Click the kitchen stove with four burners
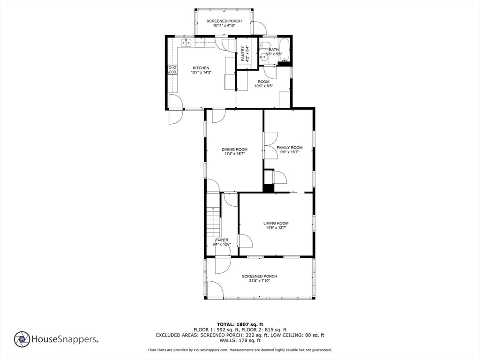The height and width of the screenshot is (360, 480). pyautogui.click(x=172, y=70)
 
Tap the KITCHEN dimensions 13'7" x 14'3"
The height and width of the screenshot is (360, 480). pyautogui.click(x=201, y=73)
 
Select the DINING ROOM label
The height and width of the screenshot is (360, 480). pyautogui.click(x=234, y=150)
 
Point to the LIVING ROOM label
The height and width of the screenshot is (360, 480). pyautogui.click(x=276, y=223)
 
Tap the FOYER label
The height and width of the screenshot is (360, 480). pyautogui.click(x=222, y=240)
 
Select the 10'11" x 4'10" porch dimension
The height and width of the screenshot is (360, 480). pyautogui.click(x=224, y=26)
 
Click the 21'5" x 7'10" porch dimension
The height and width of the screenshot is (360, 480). pyautogui.click(x=259, y=281)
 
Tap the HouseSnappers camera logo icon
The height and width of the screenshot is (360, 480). pyautogui.click(x=22, y=339)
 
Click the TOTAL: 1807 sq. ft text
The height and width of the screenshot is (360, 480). pyautogui.click(x=240, y=324)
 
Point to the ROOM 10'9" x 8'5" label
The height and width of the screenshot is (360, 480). pyautogui.click(x=263, y=84)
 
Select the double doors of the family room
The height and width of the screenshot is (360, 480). pyautogui.click(x=270, y=146)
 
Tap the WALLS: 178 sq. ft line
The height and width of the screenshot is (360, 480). pyautogui.click(x=240, y=340)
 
